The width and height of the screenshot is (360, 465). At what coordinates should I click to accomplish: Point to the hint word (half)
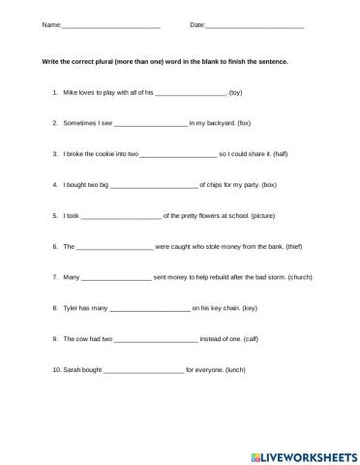(x=281, y=154)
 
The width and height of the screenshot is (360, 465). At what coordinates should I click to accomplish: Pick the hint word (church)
(x=293, y=278)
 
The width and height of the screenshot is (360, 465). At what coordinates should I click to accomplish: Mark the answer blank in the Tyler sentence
(x=150, y=310)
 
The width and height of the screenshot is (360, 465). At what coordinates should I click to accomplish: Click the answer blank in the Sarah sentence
(x=143, y=372)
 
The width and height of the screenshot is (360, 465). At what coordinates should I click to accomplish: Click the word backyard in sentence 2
(x=216, y=124)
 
